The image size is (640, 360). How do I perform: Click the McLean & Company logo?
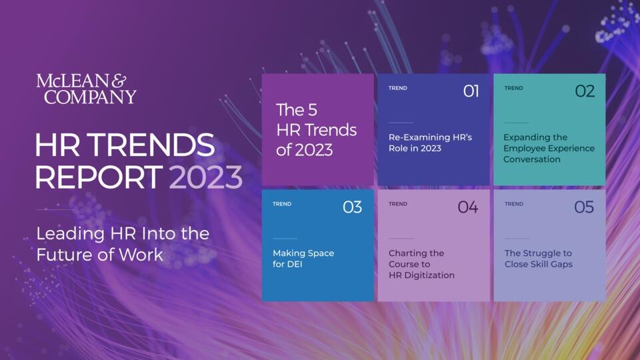tap(86, 89)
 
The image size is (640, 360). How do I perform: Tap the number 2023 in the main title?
tap(206, 177)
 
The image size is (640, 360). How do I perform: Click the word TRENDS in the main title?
tap(151, 145)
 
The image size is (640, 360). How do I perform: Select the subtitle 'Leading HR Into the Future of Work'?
tap(123, 244)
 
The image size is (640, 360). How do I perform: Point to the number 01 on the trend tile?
tap(471, 91)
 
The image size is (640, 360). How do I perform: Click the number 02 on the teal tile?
tap(585, 91)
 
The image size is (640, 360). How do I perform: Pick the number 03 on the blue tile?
tap(352, 207)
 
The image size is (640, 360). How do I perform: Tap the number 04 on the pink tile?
tap(468, 207)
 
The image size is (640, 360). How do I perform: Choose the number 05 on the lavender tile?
tap(584, 207)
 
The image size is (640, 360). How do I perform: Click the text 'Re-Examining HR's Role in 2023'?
tap(430, 143)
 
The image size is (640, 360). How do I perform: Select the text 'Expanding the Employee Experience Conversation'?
tap(549, 148)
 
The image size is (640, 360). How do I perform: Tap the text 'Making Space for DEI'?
tap(303, 259)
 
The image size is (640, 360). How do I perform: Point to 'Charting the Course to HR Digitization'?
tap(421, 264)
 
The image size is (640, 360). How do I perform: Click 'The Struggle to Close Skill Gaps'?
tap(539, 259)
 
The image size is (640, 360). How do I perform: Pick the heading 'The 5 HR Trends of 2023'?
tap(316, 130)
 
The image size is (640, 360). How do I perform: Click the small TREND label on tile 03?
tap(282, 204)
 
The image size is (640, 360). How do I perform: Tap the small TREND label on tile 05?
tap(514, 204)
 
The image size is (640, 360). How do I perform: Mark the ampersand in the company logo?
tap(119, 81)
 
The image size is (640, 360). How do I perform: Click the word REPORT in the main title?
tap(99, 177)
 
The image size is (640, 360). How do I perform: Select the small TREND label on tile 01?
tap(398, 88)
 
